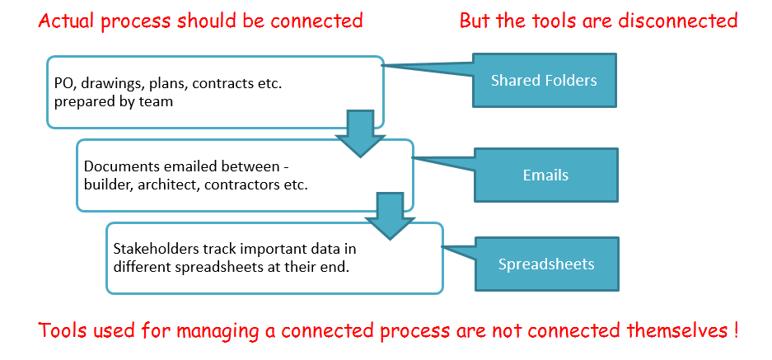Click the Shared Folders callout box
[545, 80]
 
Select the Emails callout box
[545, 175]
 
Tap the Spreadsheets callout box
[546, 264]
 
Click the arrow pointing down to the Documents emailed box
[360, 133]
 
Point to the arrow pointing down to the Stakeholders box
[390, 217]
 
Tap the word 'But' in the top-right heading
[474, 21]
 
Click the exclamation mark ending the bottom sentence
[735, 330]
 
